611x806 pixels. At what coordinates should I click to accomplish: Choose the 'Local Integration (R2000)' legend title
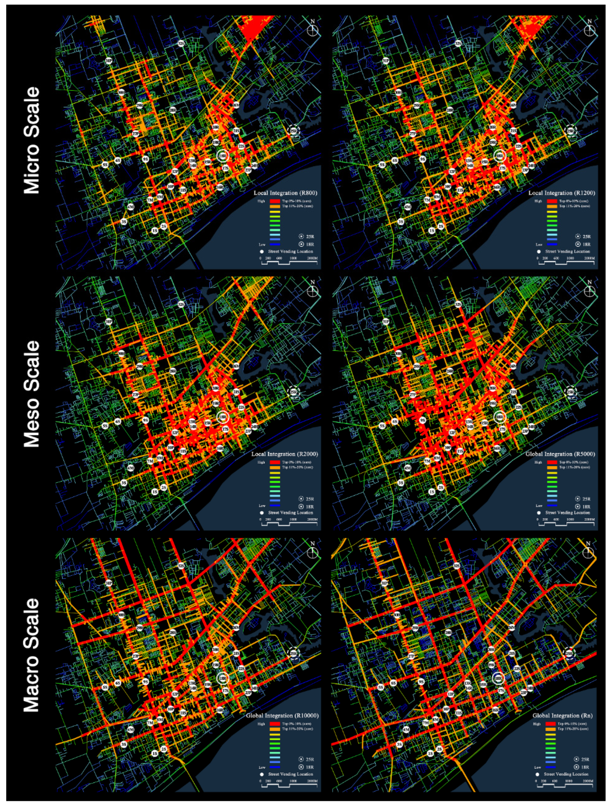click(x=284, y=454)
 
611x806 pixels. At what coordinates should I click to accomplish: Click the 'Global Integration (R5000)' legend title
click(x=560, y=454)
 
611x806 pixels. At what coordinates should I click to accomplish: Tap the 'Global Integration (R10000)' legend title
click(x=282, y=716)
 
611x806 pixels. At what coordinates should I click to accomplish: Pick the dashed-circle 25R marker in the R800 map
click(x=294, y=130)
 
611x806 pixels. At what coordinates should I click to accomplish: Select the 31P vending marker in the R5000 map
click(x=386, y=322)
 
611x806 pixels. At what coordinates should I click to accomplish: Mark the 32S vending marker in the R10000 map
click(x=181, y=566)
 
